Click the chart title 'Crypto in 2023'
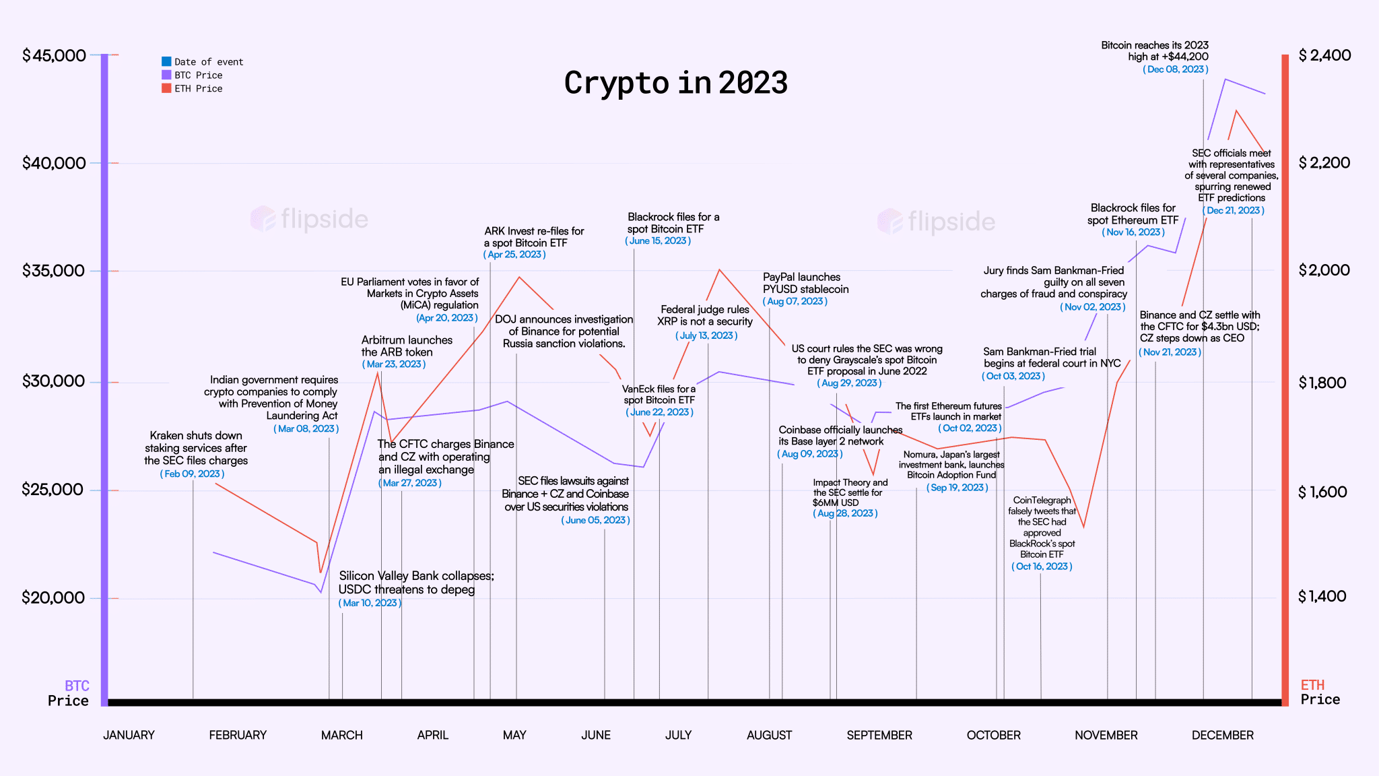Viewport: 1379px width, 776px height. coord(675,84)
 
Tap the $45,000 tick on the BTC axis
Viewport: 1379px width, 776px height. coord(55,55)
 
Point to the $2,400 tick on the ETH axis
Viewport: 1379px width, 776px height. coord(1324,55)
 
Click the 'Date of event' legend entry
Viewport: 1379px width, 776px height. coord(208,62)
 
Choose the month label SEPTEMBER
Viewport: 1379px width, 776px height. coord(879,735)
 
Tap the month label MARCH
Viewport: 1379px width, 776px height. coord(341,735)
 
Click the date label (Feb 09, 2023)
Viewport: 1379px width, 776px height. coord(192,474)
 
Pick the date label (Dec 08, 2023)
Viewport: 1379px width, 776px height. coord(1175,69)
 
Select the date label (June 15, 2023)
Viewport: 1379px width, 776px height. coord(658,241)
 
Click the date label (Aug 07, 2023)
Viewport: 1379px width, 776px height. coord(795,301)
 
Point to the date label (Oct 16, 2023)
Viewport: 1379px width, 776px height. coord(1042,567)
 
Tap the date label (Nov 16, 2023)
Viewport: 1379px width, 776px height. coord(1133,232)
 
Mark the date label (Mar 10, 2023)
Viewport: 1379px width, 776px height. coord(370,603)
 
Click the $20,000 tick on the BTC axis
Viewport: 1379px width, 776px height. coord(53,597)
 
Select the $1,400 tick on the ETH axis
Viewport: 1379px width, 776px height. coord(1322,596)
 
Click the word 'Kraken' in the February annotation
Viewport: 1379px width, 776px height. coord(166,436)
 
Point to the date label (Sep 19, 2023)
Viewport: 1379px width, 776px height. coord(957,488)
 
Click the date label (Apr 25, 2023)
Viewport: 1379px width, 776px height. coord(514,255)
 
